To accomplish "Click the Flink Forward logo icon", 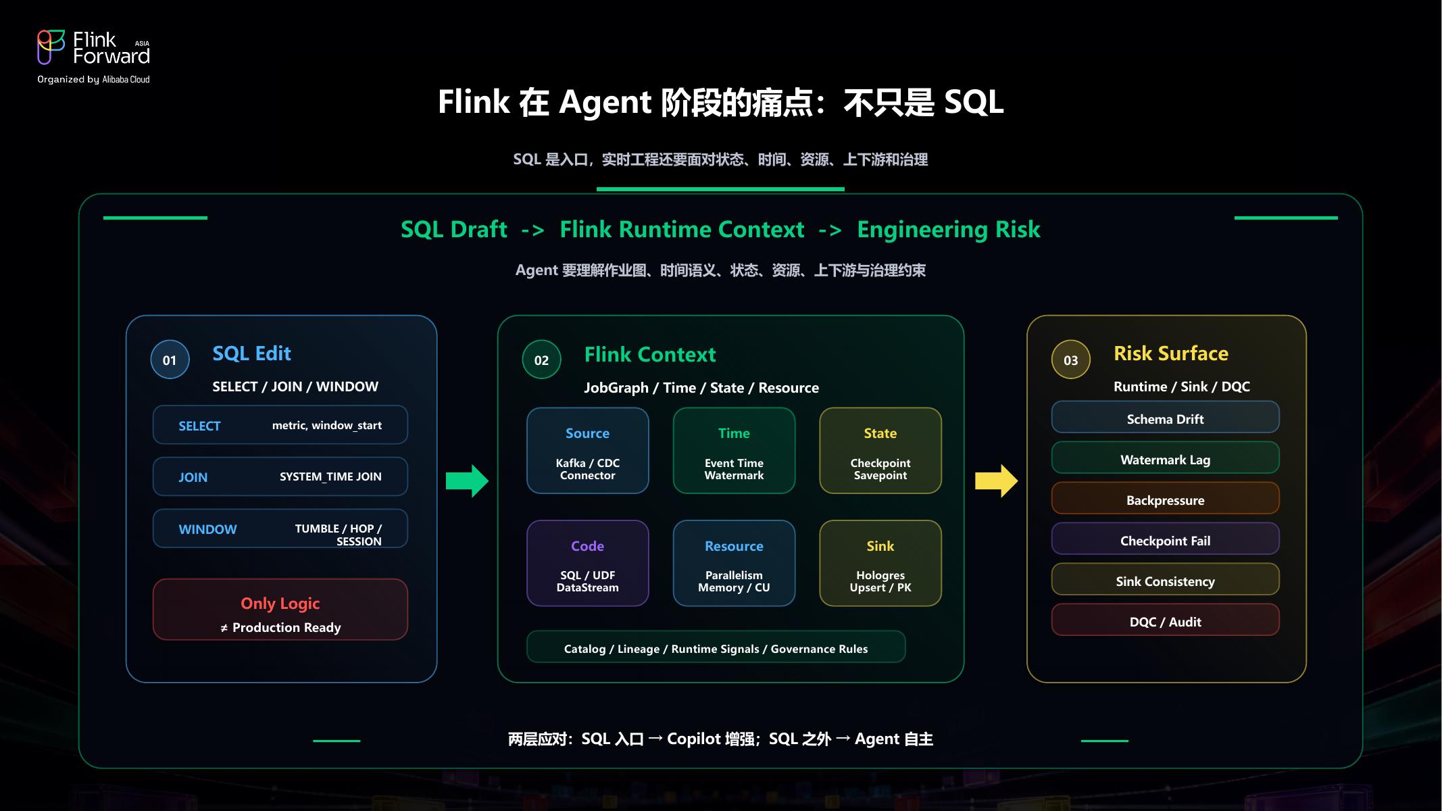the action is pos(51,47).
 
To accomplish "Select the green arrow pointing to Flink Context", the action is pos(467,481).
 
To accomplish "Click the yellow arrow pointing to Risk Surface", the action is pos(996,481).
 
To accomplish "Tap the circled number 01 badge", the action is pos(170,360).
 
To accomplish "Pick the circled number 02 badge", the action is pos(541,360).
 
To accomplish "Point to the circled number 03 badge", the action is pos(1071,360).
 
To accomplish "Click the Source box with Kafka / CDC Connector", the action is pos(588,451).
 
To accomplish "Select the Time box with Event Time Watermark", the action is pos(734,451).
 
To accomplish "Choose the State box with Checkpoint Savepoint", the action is pos(880,451).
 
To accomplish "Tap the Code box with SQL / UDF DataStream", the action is pos(588,563).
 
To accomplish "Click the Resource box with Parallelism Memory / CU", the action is pos(734,563).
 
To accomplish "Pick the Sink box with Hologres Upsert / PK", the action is pos(880,563).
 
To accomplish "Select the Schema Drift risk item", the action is pos(1166,418).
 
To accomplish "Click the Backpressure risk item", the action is pos(1166,499).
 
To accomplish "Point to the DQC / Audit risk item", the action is pos(1166,620).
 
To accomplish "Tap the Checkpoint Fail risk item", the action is pos(1166,539).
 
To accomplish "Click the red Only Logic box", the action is pos(280,610).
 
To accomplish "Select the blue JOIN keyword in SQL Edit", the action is pos(193,477).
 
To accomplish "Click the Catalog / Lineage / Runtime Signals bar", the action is pos(716,647).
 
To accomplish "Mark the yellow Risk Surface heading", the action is pos(1171,353).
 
